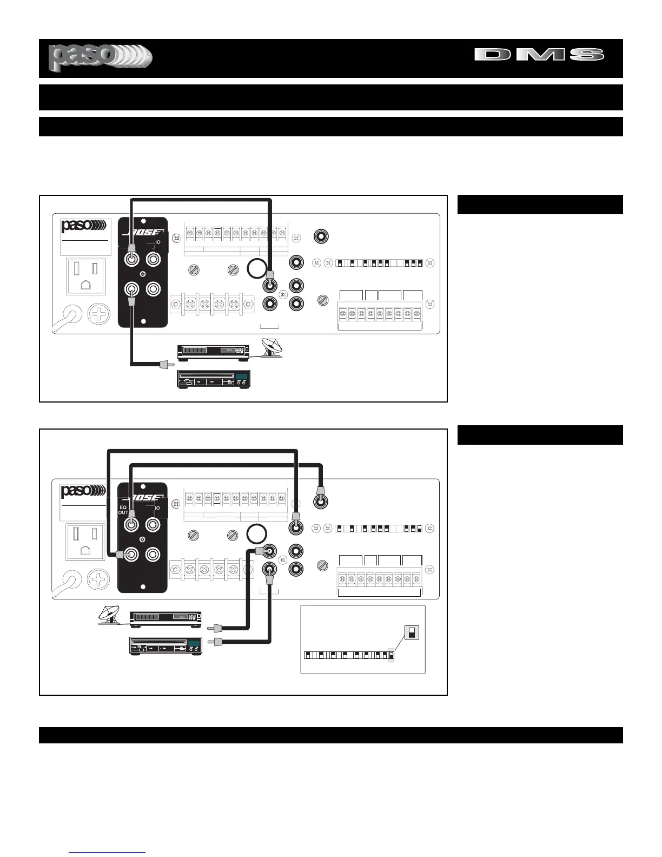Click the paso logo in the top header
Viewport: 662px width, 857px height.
pyautogui.click(x=100, y=58)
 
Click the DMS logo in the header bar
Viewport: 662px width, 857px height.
pyautogui.click(x=539, y=55)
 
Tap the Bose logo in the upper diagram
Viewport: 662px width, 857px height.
pyautogui.click(x=143, y=232)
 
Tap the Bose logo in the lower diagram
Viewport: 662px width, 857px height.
pyautogui.click(x=143, y=498)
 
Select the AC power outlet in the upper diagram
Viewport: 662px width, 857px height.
pyautogui.click(x=85, y=276)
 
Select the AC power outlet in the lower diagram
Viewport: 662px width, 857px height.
pyautogui.click(x=85, y=542)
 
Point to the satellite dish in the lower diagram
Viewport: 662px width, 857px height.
pyautogui.click(x=110, y=616)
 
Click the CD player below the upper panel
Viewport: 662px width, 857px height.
pyautogui.click(x=213, y=379)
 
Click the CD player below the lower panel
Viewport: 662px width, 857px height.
pyautogui.click(x=165, y=645)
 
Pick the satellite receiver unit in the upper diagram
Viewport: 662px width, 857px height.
pyautogui.click(x=214, y=352)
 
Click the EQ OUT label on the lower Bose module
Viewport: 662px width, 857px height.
pyautogui.click(x=123, y=511)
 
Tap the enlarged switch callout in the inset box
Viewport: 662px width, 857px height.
pyautogui.click(x=412, y=632)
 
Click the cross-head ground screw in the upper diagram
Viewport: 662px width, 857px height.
pyautogui.click(x=98, y=314)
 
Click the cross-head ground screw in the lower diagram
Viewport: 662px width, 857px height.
pyautogui.click(x=98, y=580)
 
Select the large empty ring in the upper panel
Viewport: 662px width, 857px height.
pyautogui.click(x=256, y=268)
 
